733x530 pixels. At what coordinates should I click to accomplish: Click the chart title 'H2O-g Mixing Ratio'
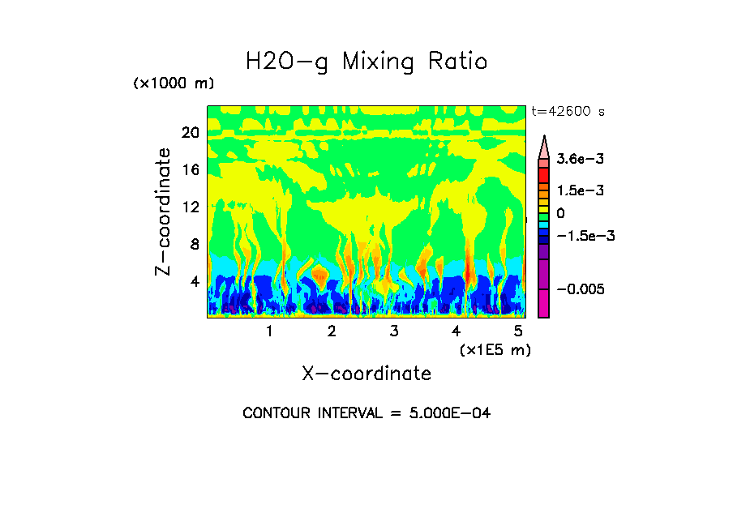[x=366, y=62]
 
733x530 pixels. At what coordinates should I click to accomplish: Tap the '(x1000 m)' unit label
[x=174, y=84]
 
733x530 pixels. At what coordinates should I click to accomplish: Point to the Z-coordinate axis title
[x=165, y=212]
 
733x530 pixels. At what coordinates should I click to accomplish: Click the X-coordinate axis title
[x=366, y=374]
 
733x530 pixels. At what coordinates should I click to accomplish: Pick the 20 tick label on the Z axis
[x=190, y=133]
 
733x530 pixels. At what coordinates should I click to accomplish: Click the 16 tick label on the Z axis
[x=190, y=170]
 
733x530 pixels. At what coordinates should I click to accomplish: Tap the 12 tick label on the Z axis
[x=190, y=207]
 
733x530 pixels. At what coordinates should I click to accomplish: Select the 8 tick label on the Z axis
[x=194, y=245]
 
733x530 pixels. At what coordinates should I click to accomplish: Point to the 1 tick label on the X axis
[x=269, y=331]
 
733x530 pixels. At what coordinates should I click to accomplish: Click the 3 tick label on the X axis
[x=394, y=331]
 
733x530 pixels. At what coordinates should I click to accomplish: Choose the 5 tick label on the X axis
[x=518, y=331]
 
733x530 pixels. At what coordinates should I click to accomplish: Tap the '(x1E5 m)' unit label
[x=495, y=350]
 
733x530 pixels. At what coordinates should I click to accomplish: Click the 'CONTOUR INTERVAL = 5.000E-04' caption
[x=366, y=413]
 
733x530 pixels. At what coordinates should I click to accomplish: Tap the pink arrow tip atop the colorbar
[x=544, y=146]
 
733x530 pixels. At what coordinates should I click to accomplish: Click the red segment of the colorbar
[x=544, y=174]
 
